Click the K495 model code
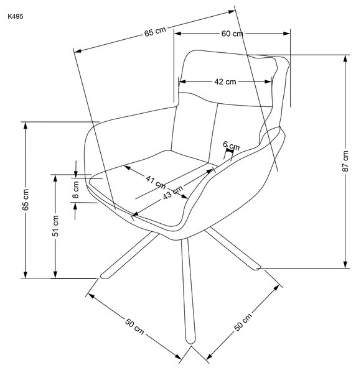[x=16, y=16]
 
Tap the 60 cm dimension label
[x=232, y=34]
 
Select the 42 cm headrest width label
[x=225, y=81]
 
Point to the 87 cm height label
[x=345, y=161]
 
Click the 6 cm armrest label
[x=231, y=145]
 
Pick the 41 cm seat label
[x=156, y=182]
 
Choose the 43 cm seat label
[x=173, y=192]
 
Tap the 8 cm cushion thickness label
[x=76, y=190]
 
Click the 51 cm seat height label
[x=55, y=226]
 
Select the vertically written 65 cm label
[x=26, y=200]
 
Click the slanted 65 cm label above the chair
[x=155, y=32]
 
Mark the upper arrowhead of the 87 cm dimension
[x=345, y=58]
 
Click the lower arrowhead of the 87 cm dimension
[x=345, y=265]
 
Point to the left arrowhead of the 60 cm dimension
[x=177, y=34]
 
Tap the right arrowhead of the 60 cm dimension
[x=286, y=34]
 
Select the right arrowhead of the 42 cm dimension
[x=268, y=81]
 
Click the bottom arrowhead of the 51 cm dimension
[x=55, y=275]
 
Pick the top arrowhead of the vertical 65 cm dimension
[x=26, y=126]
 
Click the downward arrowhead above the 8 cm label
[x=76, y=174]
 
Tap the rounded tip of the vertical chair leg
[x=190, y=341]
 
